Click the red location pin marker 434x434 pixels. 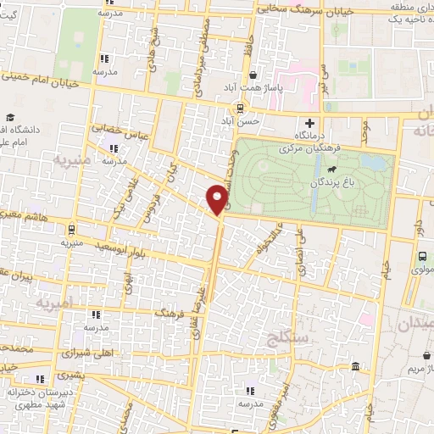coord(218,198)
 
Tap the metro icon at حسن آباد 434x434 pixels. coord(241,108)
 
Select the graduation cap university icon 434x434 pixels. coord(10,117)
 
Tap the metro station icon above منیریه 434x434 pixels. coord(71,228)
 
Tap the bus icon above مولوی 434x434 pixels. coord(422,256)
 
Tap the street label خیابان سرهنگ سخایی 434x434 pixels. coord(252,8)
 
